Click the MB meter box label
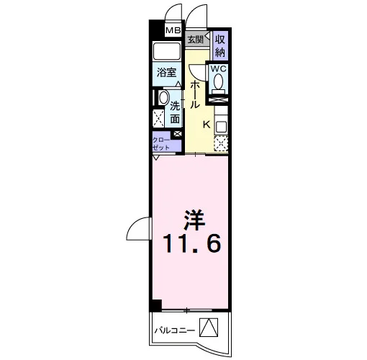[x=173, y=30]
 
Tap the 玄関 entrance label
[x=195, y=40]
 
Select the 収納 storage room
[x=220, y=46]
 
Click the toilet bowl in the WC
[x=218, y=81]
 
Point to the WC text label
[x=218, y=69]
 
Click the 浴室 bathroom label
[x=167, y=73]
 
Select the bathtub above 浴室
[x=167, y=51]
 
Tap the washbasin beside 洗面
[x=163, y=98]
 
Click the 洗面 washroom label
[x=175, y=112]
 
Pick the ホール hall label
[x=194, y=94]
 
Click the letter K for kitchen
[x=207, y=125]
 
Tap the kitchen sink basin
[x=221, y=127]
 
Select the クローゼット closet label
[x=161, y=143]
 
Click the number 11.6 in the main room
[x=192, y=243]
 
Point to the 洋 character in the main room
[x=194, y=220]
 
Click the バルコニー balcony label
[x=175, y=330]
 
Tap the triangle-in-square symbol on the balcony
[x=209, y=328]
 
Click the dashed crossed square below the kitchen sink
[x=221, y=143]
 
